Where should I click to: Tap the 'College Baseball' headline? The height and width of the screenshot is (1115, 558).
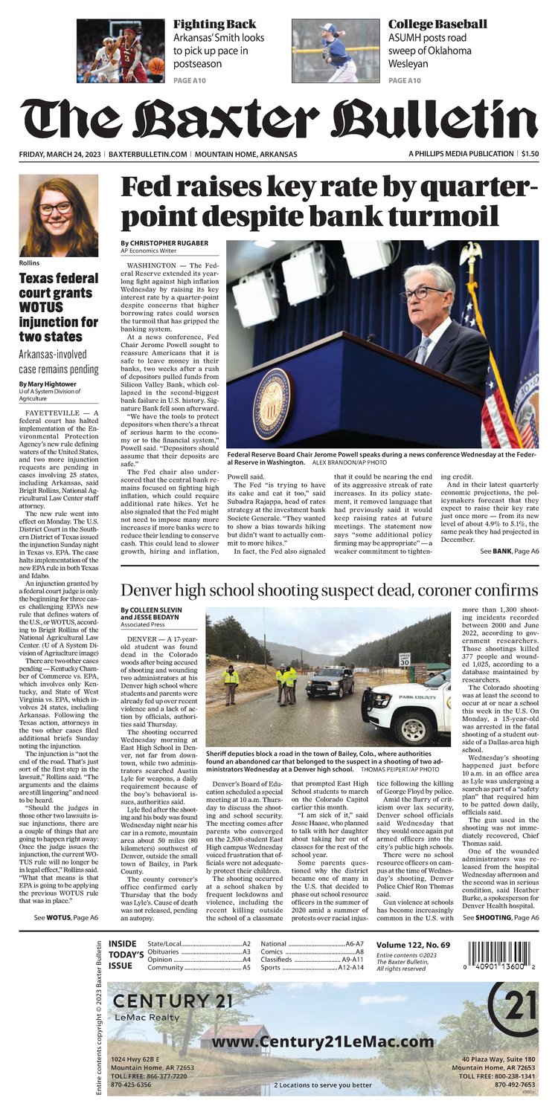[437, 24]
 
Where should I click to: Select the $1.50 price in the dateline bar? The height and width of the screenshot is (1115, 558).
[530, 154]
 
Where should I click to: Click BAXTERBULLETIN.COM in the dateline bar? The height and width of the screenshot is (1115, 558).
[147, 154]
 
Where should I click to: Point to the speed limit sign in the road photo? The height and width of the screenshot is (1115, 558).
[404, 659]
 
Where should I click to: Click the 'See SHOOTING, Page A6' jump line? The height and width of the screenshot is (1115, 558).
[501, 918]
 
